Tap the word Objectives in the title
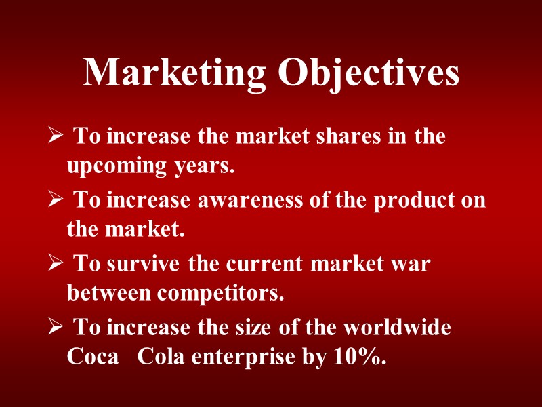click(369, 73)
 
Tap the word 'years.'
click(204, 166)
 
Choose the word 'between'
click(109, 294)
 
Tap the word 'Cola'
click(161, 357)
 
